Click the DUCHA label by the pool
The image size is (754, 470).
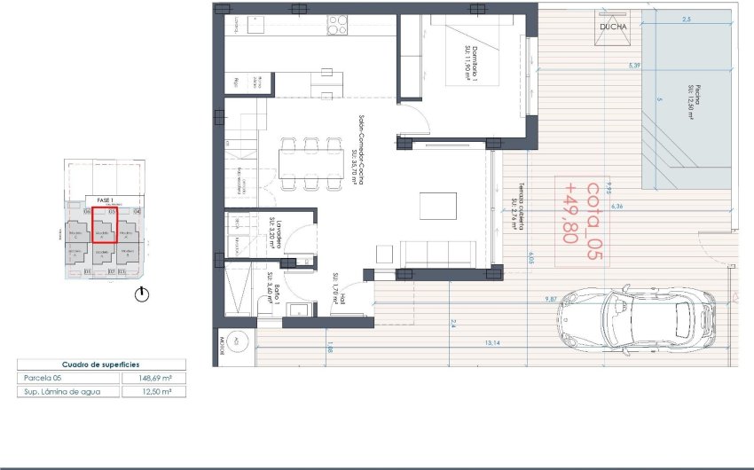coord(613,27)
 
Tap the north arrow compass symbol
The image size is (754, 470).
coord(141,295)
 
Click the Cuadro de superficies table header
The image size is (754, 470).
coord(101,364)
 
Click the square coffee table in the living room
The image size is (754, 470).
coord(439,205)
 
